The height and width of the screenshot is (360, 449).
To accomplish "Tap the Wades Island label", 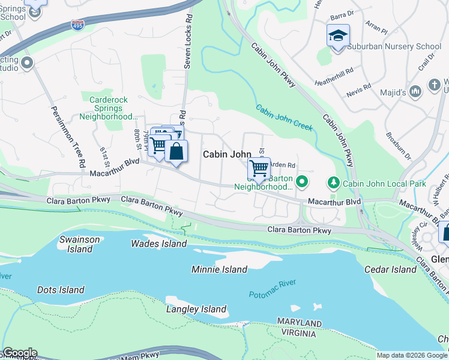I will [x=159, y=244].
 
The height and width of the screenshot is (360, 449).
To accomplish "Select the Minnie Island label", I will [x=219, y=269].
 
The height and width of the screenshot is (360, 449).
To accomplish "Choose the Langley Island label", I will [x=196, y=310].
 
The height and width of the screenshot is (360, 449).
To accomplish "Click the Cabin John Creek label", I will [x=285, y=118].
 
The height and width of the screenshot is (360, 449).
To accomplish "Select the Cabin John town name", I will [x=226, y=154].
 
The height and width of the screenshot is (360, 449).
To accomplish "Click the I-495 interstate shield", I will [x=79, y=23].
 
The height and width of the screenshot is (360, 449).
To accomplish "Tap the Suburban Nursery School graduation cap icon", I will [x=338, y=35].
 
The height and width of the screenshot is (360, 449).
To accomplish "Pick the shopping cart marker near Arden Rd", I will [x=259, y=168].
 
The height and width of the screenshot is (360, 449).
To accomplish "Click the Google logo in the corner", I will [x=20, y=353].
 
